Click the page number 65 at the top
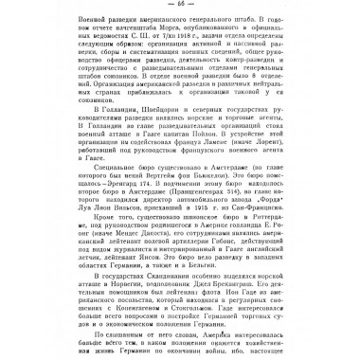pos(180,9)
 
